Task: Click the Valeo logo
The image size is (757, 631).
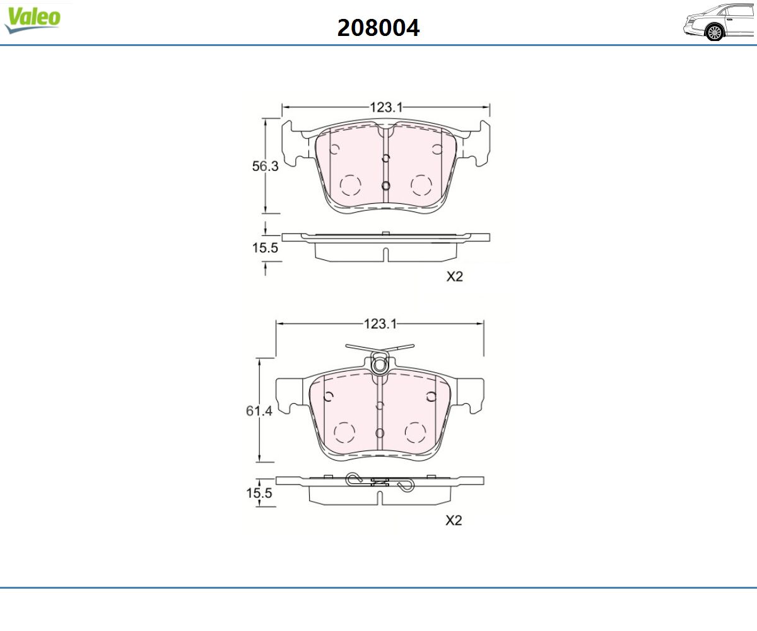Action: click(33, 20)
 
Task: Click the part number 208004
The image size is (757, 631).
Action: click(378, 28)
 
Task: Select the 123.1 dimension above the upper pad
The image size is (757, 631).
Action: click(386, 107)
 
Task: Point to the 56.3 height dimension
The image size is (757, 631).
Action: click(265, 166)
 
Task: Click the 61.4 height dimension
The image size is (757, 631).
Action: click(259, 411)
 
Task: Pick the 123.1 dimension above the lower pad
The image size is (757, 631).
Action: click(380, 324)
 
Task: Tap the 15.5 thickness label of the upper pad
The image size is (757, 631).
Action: click(265, 248)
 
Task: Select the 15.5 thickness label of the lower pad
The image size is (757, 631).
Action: click(259, 493)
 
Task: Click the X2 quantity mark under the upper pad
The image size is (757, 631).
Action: click(455, 277)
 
